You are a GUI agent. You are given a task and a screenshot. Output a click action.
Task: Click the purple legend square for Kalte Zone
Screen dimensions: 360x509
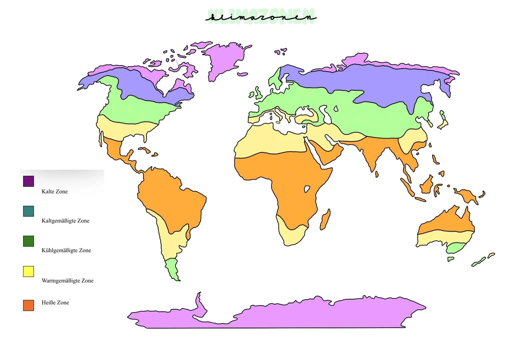(28, 181)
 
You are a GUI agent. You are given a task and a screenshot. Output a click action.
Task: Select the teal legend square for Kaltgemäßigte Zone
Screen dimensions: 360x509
(28, 211)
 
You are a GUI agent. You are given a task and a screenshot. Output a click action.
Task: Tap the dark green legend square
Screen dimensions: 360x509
(28, 241)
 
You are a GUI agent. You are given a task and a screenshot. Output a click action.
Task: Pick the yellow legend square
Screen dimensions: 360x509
(28, 271)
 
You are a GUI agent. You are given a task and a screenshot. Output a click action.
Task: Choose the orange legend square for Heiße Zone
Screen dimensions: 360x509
(28, 305)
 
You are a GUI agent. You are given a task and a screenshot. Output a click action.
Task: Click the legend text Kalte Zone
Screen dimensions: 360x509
(55, 192)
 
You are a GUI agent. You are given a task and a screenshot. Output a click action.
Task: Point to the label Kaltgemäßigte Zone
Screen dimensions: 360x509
(65, 221)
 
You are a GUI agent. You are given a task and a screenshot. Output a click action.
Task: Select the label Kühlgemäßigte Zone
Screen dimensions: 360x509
(66, 250)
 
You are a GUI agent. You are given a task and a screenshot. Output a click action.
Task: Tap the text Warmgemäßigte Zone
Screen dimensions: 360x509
(67, 281)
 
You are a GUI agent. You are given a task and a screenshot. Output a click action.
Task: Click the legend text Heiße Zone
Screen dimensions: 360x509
(55, 303)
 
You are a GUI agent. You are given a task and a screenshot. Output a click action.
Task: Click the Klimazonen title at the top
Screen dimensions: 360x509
(261, 17)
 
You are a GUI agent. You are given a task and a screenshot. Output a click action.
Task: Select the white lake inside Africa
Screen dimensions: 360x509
(307, 189)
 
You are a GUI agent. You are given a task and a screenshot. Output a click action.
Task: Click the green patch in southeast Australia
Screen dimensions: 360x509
(455, 248)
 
